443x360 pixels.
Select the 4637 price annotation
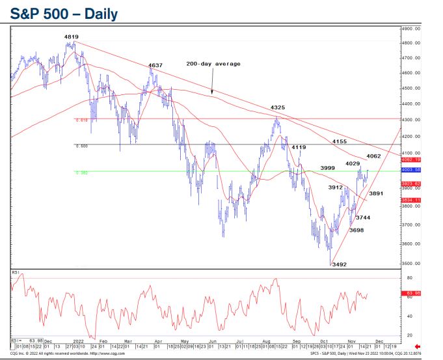click(155, 66)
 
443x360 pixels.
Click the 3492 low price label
click(340, 264)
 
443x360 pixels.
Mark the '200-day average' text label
click(213, 64)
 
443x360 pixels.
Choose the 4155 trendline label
click(339, 141)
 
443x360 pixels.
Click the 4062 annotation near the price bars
click(373, 156)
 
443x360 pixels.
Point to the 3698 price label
click(356, 230)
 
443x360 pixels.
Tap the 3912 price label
click(335, 187)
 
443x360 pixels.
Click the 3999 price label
click(327, 168)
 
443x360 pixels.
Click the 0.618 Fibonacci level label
click(81, 120)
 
